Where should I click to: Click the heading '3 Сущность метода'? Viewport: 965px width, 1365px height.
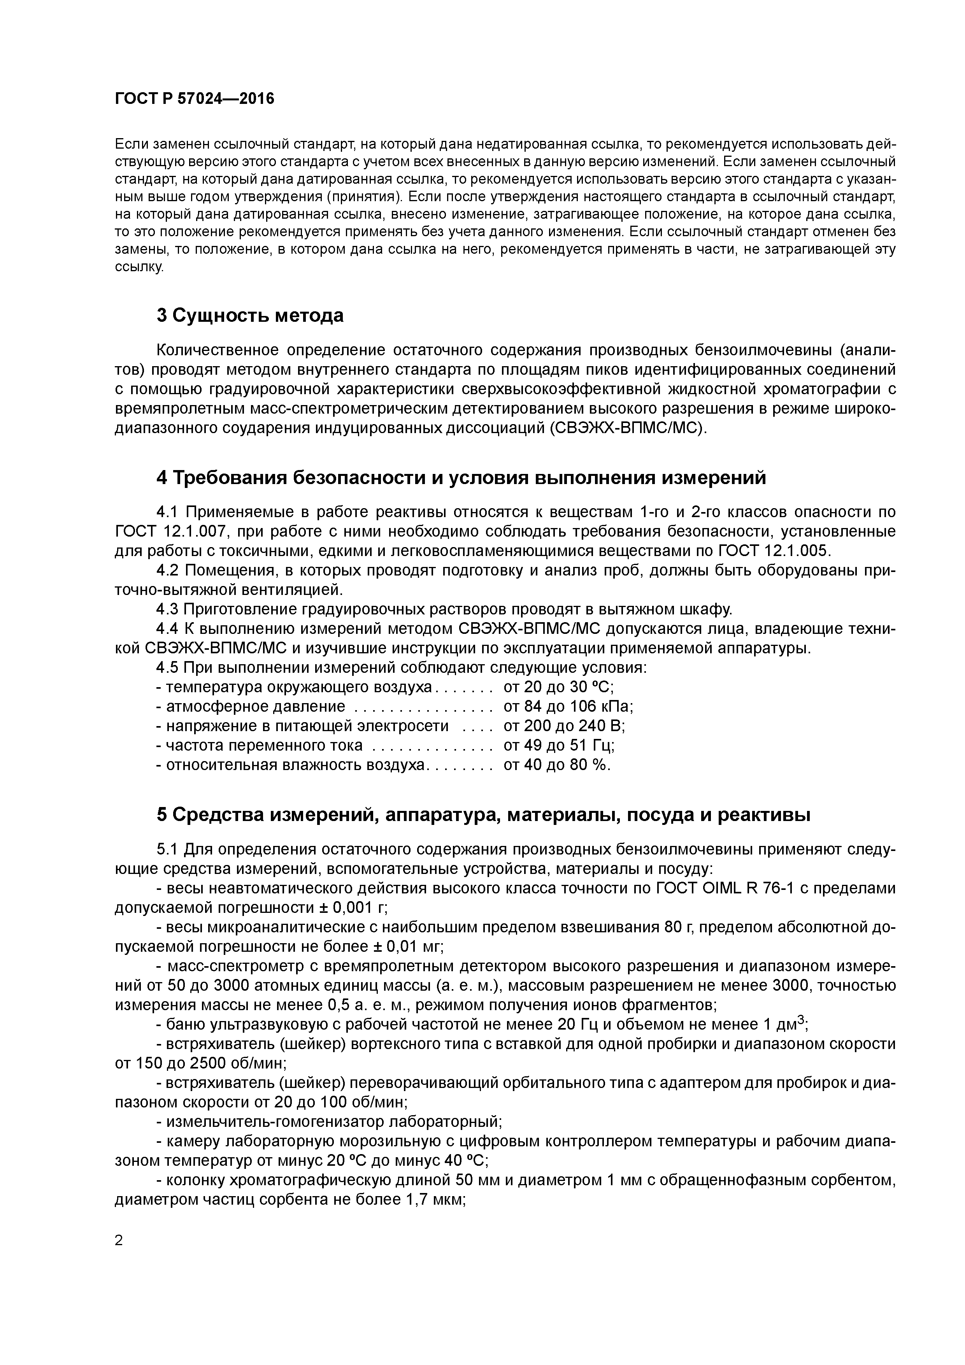coord(250,315)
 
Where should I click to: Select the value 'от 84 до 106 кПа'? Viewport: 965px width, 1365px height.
coord(568,707)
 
